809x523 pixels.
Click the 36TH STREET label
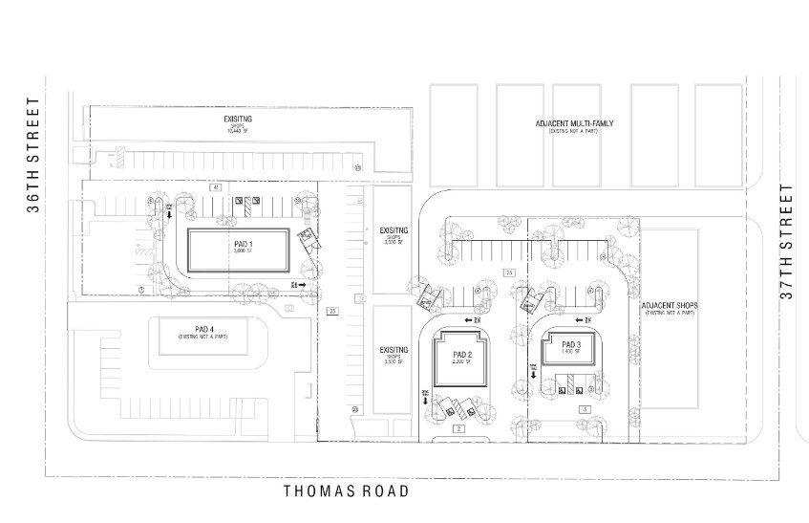click(x=33, y=155)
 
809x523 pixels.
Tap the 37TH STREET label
click(x=787, y=241)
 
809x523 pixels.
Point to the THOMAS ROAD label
click(x=347, y=491)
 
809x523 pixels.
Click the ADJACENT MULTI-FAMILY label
click(x=581, y=123)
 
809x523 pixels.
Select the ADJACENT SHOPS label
click(x=671, y=306)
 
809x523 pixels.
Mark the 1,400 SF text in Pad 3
click(x=571, y=352)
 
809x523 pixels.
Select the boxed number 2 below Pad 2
click(x=458, y=429)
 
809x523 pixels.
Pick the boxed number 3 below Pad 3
click(x=584, y=409)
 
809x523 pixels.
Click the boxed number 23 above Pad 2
click(x=510, y=274)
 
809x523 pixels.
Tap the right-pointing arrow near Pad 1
click(x=302, y=285)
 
